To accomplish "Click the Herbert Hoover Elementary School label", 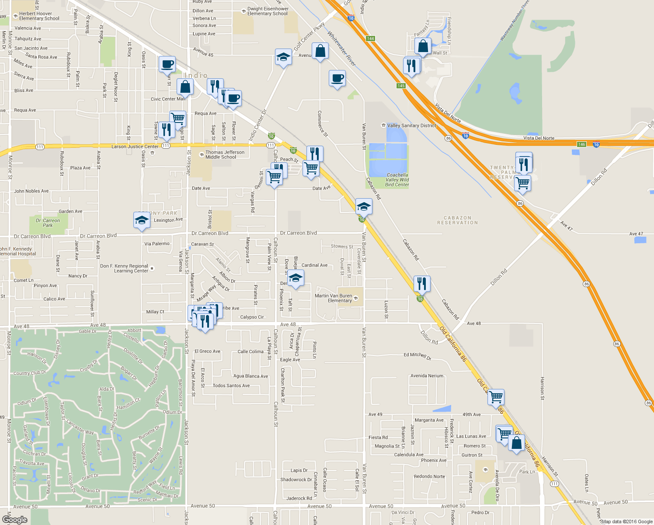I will point(39,16).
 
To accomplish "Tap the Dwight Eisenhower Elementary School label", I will point(268,11).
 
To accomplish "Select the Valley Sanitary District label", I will point(411,126).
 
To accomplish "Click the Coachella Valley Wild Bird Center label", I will point(397,180).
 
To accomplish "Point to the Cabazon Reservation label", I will point(457,220).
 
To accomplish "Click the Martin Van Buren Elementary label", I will point(334,298).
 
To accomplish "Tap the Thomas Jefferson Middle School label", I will point(225,155).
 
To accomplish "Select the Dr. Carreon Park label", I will point(48,223).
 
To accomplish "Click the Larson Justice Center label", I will point(135,147).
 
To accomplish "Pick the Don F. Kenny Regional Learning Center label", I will point(125,269).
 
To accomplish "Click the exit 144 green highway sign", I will point(371,38).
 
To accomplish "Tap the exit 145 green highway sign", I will point(401,86).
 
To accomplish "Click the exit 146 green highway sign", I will point(581,144).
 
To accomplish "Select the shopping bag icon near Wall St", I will point(423,46).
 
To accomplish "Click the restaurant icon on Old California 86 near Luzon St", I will point(422,283).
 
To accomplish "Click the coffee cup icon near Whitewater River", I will point(337,79).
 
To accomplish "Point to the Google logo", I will point(15,520).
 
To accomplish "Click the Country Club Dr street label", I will point(30,373).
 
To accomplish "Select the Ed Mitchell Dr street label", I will point(417,355).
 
